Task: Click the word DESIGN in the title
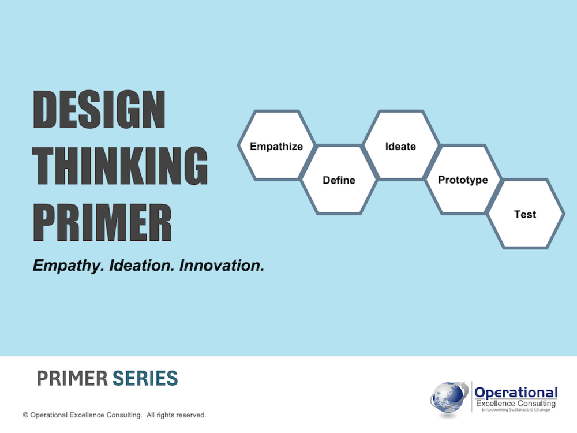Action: click(99, 109)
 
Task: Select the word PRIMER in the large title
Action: click(102, 222)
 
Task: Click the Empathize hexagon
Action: click(276, 145)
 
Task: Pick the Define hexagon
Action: click(339, 180)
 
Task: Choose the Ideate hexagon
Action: click(401, 145)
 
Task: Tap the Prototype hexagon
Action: click(463, 180)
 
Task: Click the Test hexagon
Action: click(525, 214)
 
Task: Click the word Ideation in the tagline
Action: click(142, 266)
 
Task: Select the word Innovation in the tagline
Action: click(222, 266)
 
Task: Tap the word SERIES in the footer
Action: click(145, 379)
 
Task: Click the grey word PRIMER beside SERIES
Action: click(72, 379)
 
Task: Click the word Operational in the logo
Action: click(516, 393)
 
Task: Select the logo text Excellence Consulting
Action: click(515, 404)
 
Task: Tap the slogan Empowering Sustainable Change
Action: click(515, 410)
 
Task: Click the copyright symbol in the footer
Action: click(25, 415)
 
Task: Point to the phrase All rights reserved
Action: click(176, 415)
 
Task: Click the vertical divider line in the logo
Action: click(472, 397)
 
